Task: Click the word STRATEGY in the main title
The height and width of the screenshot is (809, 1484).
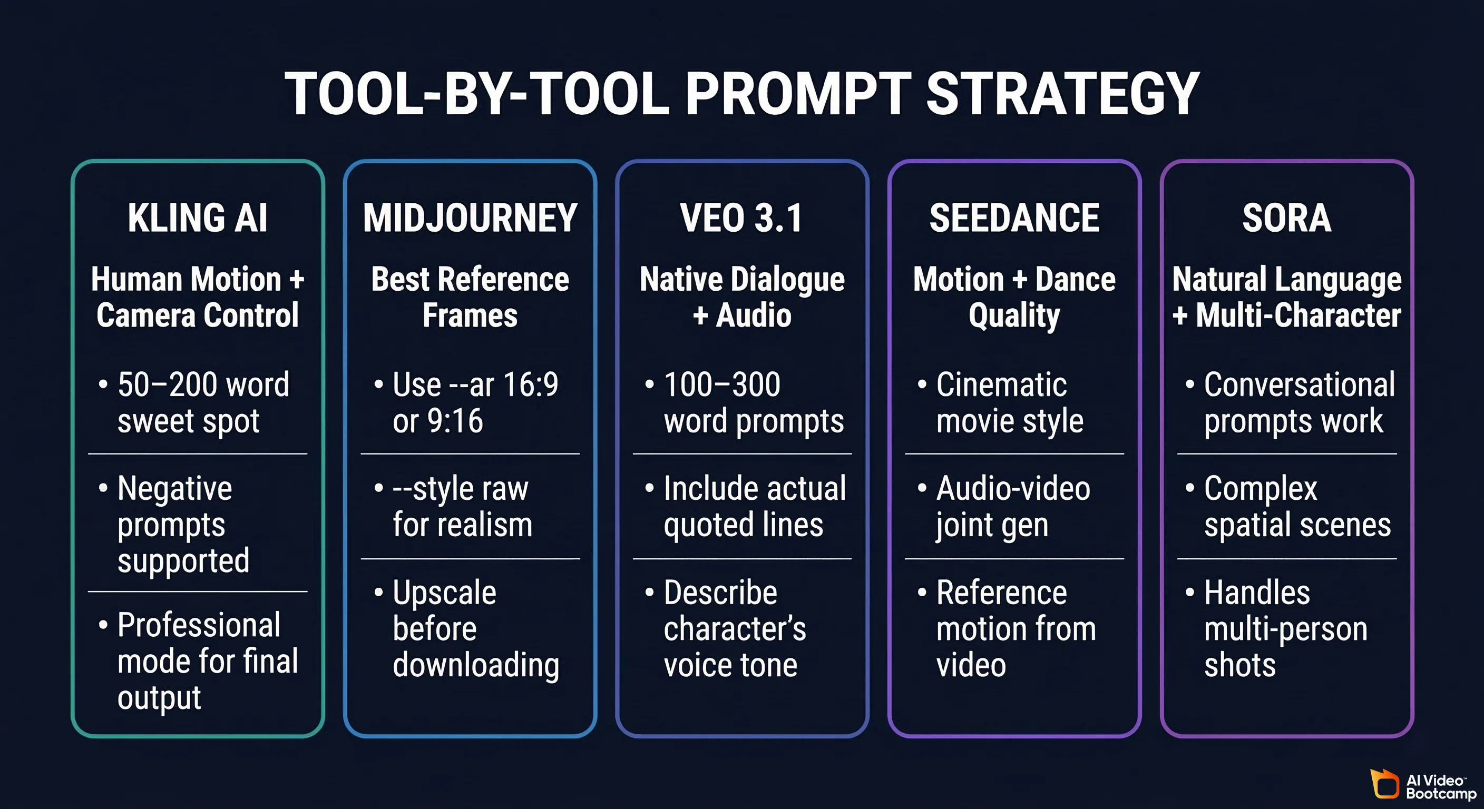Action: pos(1062,93)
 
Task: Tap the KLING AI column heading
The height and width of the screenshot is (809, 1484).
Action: pos(198,218)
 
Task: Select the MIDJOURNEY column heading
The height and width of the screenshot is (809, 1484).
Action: pos(470,218)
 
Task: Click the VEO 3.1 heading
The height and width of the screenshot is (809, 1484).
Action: pos(741,218)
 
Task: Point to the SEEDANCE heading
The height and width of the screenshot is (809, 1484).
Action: pos(1014,218)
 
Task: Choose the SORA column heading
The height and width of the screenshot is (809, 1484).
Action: pos(1286,218)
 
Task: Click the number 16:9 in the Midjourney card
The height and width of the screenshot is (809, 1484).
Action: pos(531,384)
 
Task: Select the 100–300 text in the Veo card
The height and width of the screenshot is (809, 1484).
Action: pos(722,384)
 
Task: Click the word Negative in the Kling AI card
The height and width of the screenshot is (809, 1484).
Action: pos(174,489)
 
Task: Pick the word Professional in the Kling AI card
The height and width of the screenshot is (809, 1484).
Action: pos(199,625)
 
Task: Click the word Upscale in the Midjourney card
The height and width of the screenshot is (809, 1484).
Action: pos(444,593)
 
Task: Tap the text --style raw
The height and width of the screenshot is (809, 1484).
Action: pos(460,489)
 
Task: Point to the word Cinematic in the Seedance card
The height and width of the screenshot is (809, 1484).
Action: pos(1001,384)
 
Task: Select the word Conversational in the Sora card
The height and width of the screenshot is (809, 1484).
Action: pos(1299,384)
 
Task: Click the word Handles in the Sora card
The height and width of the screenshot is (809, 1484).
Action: pos(1257,593)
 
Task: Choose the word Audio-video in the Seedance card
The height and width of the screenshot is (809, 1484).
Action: pos(1013,489)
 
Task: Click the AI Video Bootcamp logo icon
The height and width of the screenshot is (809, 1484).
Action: pos(1385,784)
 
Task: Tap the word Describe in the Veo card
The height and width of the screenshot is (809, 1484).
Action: pos(720,593)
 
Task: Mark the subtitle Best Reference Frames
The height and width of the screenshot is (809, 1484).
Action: pos(470,297)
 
